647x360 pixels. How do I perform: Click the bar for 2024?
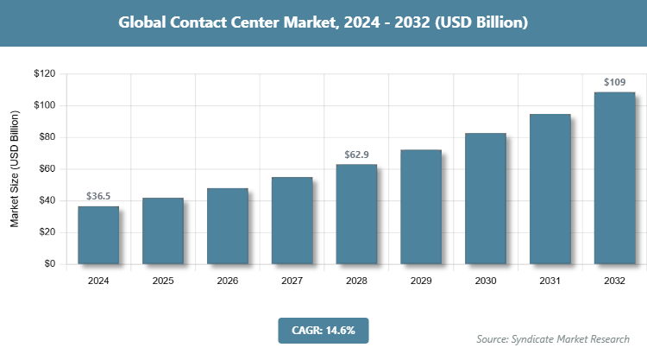click(x=98, y=235)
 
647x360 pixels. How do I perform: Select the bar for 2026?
click(x=227, y=226)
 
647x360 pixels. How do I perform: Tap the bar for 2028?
click(x=356, y=214)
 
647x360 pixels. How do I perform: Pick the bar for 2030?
click(x=486, y=199)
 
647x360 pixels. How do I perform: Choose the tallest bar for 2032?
click(x=614, y=178)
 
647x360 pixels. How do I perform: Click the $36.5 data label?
click(x=98, y=197)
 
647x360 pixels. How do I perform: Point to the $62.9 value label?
click(x=356, y=155)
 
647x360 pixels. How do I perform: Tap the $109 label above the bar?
click(x=614, y=83)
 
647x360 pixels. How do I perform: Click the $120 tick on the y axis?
click(x=44, y=74)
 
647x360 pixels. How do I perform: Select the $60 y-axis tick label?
click(x=47, y=169)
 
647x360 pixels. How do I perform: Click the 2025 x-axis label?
click(x=163, y=281)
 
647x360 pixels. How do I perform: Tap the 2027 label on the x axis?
click(x=292, y=281)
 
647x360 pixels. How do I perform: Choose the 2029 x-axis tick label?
click(x=421, y=281)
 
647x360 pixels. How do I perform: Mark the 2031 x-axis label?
click(x=550, y=281)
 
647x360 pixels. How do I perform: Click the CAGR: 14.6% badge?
click(x=323, y=330)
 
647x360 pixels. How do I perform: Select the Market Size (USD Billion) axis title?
click(x=15, y=169)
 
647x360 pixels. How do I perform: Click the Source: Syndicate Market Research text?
click(x=553, y=338)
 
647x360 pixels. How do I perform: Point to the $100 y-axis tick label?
click(x=44, y=105)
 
